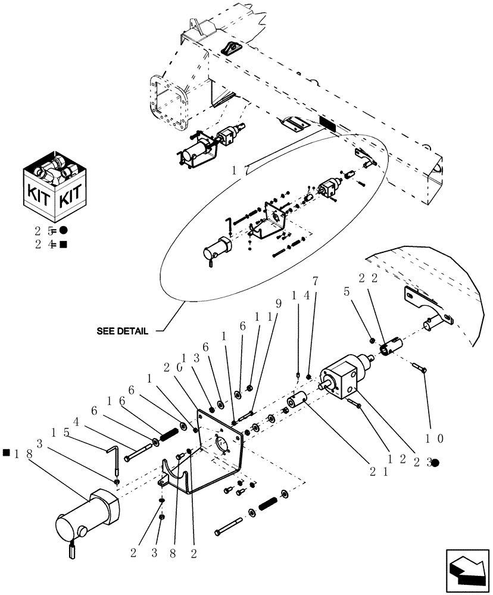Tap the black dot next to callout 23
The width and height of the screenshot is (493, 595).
pos(436,462)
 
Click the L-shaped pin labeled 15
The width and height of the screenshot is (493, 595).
pos(114,459)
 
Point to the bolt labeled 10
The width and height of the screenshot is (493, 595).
pos(420,369)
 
